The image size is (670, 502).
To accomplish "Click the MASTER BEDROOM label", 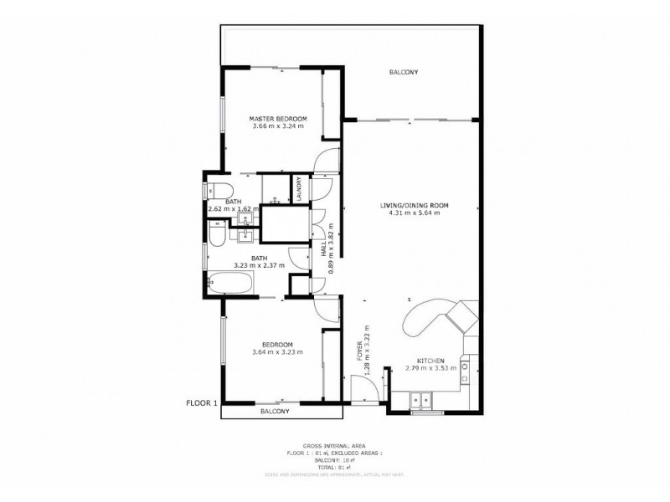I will click(x=277, y=118).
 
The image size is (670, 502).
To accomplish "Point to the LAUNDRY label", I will click(x=298, y=190).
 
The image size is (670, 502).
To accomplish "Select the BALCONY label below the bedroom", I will click(x=276, y=412).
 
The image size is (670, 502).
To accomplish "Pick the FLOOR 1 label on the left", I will click(x=201, y=402).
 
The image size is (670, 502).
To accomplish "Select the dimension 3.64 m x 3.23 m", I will click(x=276, y=352).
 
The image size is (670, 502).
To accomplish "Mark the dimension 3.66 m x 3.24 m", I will click(x=277, y=127).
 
